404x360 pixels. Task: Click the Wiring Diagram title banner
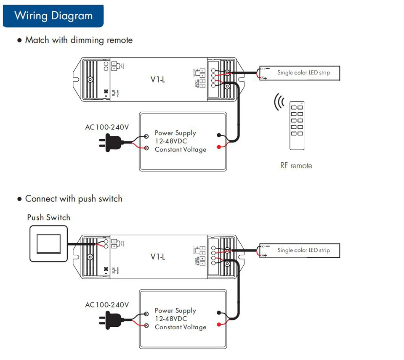[53, 16]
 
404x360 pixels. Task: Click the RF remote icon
[297, 125]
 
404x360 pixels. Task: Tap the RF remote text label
[296, 166]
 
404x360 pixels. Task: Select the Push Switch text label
[48, 217]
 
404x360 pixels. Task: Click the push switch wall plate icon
[48, 244]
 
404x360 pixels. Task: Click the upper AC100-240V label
[107, 127]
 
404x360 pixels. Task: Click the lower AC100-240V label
[107, 304]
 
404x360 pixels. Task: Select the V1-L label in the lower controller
[158, 257]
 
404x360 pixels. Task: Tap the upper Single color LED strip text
[303, 73]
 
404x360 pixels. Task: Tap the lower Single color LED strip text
[303, 250]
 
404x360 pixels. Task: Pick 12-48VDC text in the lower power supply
[171, 319]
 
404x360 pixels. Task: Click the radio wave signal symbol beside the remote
[279, 102]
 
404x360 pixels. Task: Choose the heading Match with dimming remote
[79, 40]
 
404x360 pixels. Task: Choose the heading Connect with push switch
[74, 199]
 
